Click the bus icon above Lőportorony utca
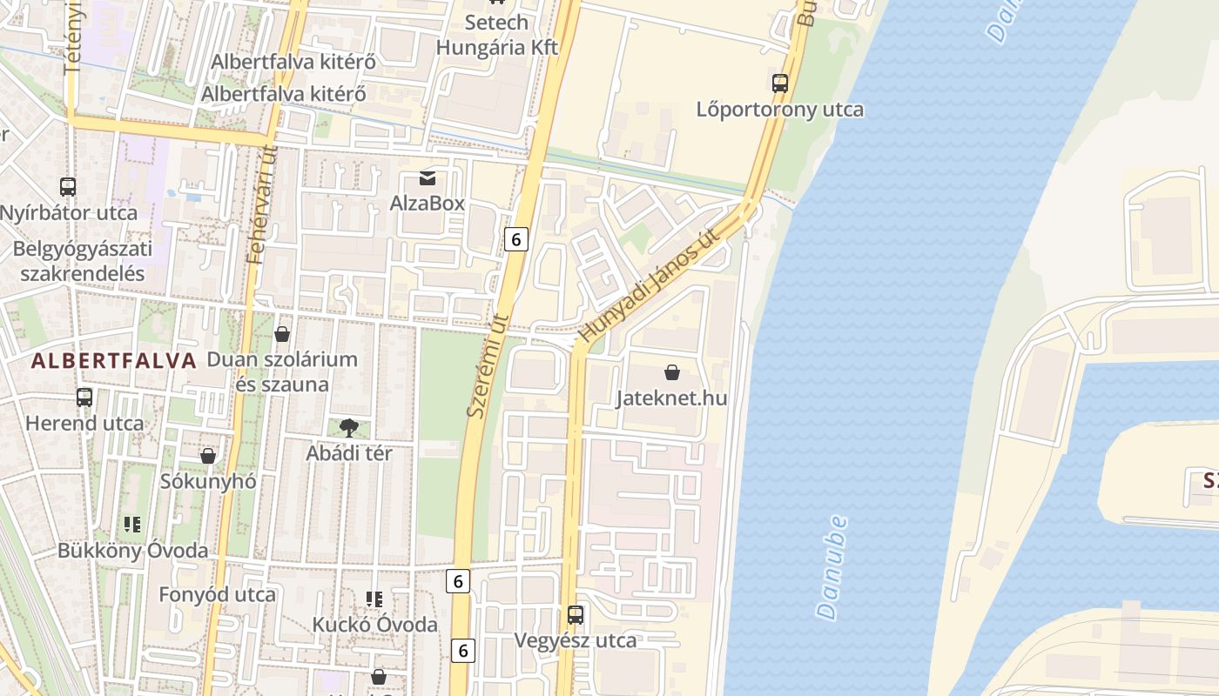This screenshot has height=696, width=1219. [x=780, y=84]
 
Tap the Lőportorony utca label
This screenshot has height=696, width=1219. [x=780, y=110]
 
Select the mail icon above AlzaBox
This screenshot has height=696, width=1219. [x=428, y=178]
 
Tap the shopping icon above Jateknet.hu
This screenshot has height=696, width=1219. [x=672, y=372]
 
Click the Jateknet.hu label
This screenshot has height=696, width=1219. [x=671, y=398]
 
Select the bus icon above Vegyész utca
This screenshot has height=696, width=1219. [x=576, y=615]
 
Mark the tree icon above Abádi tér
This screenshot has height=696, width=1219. [x=349, y=427]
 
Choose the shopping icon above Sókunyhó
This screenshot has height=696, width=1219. [x=208, y=455]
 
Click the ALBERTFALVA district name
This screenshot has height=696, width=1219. [x=114, y=361]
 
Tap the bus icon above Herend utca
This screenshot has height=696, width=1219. [x=84, y=398]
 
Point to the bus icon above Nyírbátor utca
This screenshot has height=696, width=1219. [x=68, y=186]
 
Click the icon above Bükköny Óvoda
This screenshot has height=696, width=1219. [x=132, y=524]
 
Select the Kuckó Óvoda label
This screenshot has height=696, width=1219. [x=375, y=625]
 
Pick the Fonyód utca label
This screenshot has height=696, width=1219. [x=217, y=595]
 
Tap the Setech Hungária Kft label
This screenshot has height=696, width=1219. [x=496, y=35]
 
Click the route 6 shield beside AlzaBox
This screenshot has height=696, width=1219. [x=516, y=238]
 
